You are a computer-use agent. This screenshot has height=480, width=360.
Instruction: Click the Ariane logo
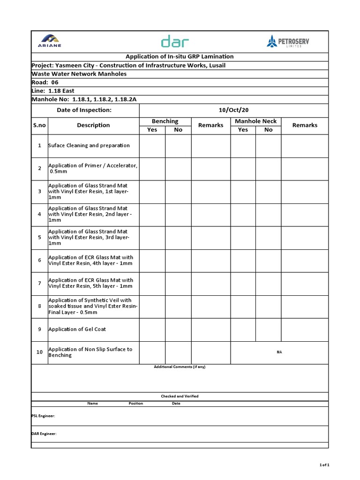click(49, 41)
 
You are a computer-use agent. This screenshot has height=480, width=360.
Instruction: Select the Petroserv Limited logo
click(288, 42)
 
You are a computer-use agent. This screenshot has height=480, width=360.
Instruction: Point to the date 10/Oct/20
click(233, 110)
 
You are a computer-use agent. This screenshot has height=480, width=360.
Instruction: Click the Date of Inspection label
click(84, 110)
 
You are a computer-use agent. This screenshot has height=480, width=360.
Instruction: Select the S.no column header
click(39, 125)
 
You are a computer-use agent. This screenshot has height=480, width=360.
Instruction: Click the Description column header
click(93, 125)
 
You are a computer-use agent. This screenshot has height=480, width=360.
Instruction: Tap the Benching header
click(165, 121)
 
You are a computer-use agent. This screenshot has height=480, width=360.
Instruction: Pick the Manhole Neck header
click(255, 121)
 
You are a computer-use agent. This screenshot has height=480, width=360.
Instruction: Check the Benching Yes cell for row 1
click(152, 146)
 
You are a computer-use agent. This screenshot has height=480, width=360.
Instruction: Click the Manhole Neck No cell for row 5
click(268, 238)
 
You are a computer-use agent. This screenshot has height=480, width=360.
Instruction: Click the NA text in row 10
click(279, 352)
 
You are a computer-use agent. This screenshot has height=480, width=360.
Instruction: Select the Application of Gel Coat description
click(77, 330)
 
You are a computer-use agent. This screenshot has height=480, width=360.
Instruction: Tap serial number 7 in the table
click(39, 283)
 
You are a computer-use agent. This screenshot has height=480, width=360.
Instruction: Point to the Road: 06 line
click(45, 82)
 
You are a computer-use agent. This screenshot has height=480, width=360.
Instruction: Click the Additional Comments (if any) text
click(180, 367)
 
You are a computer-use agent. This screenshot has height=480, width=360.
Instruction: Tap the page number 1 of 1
click(324, 465)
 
